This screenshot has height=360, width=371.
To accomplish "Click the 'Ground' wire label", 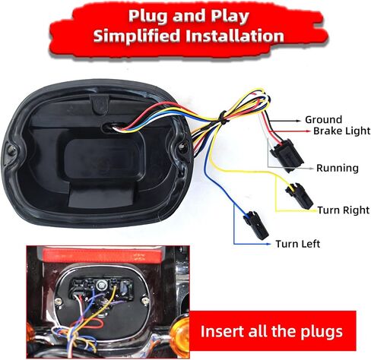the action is (323, 119).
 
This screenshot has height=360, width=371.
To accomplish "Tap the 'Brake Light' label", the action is (341, 131).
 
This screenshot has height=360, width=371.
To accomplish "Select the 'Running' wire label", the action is (338, 168).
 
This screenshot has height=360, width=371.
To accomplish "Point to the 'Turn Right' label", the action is (344, 210).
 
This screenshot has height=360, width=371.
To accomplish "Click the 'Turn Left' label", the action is (298, 244).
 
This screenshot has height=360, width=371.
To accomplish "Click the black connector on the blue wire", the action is (255, 225).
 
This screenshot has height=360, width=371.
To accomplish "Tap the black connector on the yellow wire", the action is (300, 196).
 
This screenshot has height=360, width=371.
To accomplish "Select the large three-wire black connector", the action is (287, 155).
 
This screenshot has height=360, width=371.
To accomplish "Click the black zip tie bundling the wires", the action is (223, 118).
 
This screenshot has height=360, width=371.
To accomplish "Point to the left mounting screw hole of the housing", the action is (11, 150).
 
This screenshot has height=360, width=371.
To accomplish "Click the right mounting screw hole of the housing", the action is (182, 147).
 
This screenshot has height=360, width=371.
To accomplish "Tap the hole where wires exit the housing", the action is (114, 127).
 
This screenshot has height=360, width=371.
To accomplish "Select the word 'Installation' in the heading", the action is (235, 36).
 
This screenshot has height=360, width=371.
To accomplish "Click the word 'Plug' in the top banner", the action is (148, 17).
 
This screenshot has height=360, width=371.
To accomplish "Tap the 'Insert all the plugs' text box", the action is (271, 331).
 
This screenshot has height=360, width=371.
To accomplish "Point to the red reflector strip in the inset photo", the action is (103, 255).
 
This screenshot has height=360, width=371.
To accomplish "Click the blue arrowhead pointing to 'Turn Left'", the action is (269, 244).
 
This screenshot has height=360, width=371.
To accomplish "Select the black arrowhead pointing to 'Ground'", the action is (299, 121).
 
